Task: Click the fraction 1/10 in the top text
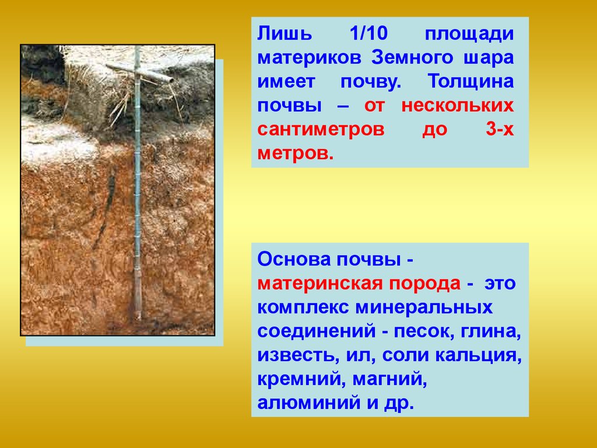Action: click(368, 33)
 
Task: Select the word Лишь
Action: click(285, 33)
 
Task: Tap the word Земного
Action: click(412, 58)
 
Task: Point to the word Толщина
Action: click(470, 81)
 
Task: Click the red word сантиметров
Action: click(321, 129)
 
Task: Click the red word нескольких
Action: click(457, 106)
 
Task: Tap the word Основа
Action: click(294, 260)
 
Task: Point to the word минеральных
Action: click(424, 308)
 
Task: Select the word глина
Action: click(491, 332)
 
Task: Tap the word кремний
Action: click(301, 380)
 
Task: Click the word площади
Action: click(469, 34)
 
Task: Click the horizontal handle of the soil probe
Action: click(139, 73)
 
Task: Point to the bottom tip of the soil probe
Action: click(138, 319)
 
